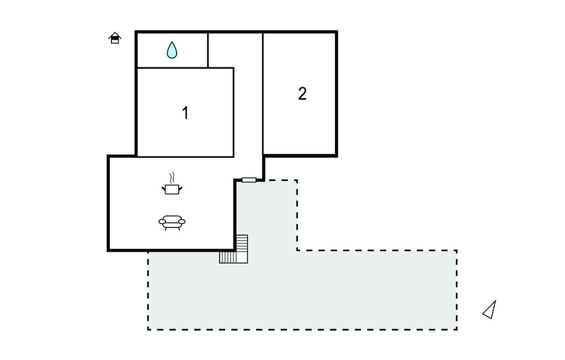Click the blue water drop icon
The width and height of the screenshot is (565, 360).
click(172, 50)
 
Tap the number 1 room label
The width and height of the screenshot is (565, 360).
click(185, 113)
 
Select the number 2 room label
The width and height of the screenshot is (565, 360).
click(302, 93)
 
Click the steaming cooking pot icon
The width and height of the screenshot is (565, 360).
click(172, 184)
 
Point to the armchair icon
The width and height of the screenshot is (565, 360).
click(172, 223)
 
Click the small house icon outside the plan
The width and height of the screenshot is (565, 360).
click(115, 38)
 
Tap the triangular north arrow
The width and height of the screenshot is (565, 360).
click(490, 310)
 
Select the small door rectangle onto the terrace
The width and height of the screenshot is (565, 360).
click(249, 180)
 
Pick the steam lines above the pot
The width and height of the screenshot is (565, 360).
click(172, 177)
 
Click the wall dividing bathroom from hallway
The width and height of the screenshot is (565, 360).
click(208, 50)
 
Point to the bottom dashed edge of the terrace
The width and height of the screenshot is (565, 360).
click(302, 329)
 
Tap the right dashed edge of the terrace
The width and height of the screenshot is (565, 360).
click(456, 290)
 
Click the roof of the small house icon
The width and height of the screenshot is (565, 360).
click(115, 35)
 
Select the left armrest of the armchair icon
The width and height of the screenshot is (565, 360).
click(162, 221)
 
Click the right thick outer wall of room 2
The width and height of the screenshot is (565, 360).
click(336, 94)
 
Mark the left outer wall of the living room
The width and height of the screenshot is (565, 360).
click(108, 203)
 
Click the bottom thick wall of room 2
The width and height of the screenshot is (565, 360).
click(300, 156)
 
